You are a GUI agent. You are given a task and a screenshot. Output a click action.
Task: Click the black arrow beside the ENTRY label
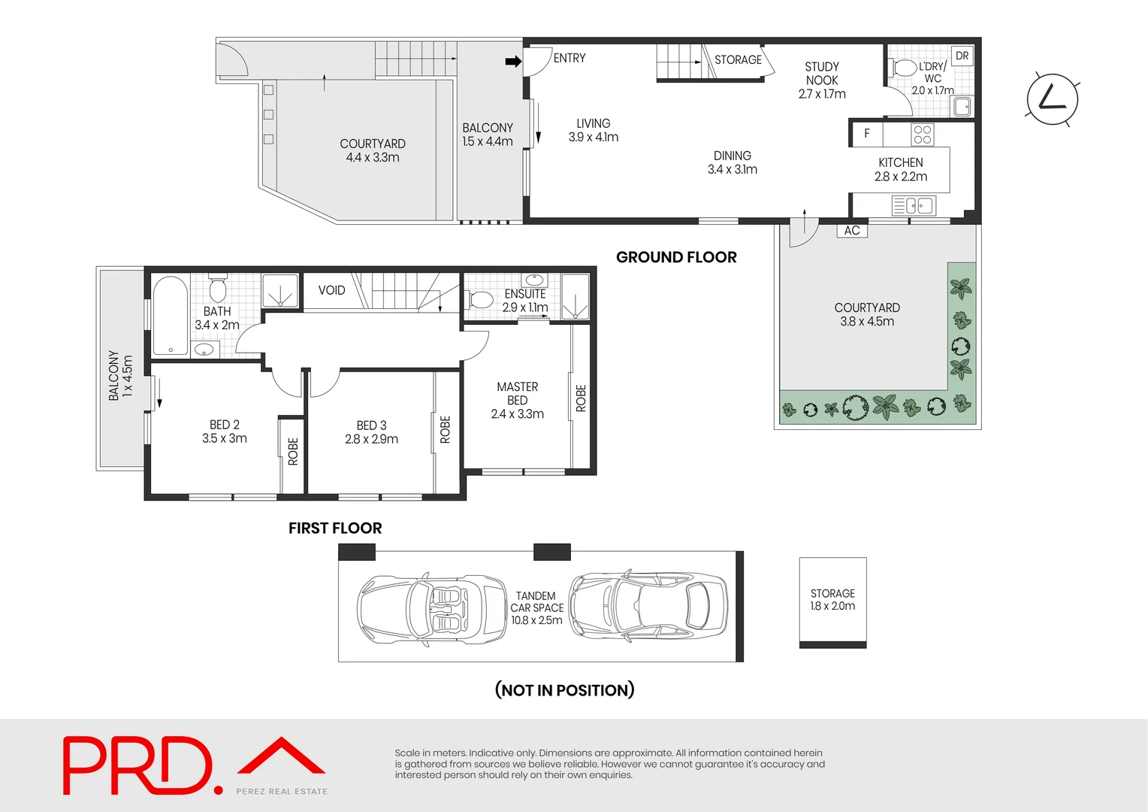coord(513,62)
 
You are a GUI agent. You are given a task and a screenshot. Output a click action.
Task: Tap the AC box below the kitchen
coord(852,231)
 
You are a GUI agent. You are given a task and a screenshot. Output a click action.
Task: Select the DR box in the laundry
coord(962,56)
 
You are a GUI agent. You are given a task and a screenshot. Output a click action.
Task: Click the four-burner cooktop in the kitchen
coord(923,135)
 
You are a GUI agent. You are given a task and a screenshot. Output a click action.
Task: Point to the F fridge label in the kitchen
coord(866,134)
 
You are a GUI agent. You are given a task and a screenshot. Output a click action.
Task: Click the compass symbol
coord(1052,99)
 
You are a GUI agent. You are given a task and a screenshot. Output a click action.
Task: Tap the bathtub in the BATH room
coord(171,316)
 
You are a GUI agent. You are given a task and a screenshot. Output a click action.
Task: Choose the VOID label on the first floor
coord(331,290)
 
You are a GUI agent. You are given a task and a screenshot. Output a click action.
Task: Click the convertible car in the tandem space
coord(431,609)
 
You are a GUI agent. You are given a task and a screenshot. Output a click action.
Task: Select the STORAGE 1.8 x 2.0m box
coord(832,600)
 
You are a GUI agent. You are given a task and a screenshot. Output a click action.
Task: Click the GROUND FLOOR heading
coord(676,257)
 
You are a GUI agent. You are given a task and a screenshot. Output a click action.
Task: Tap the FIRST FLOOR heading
coord(335,528)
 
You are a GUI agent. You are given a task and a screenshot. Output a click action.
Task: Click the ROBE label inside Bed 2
coord(292,452)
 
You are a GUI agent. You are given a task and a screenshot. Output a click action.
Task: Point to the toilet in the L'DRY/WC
coord(904,68)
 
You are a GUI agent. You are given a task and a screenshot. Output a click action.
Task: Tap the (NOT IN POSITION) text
coord(564,689)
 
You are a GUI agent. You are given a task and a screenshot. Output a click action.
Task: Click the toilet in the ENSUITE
coord(480,299)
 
